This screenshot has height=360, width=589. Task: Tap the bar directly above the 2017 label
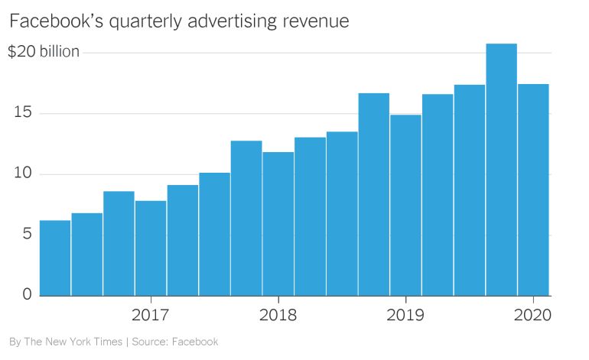click(151, 248)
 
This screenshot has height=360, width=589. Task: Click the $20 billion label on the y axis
click(44, 53)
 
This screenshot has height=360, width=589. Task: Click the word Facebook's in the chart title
click(51, 21)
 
